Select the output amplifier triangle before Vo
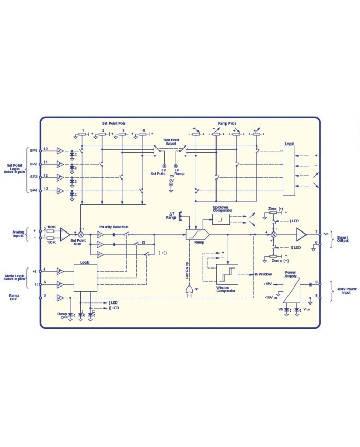(x=300, y=235)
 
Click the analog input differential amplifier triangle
(x=64, y=234)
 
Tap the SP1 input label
(x=33, y=150)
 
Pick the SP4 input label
(x=33, y=191)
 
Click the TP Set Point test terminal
(x=164, y=167)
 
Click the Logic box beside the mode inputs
(x=85, y=278)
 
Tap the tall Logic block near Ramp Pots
(x=290, y=169)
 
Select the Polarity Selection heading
(x=114, y=227)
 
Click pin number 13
(x=45, y=189)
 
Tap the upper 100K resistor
(x=51, y=231)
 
